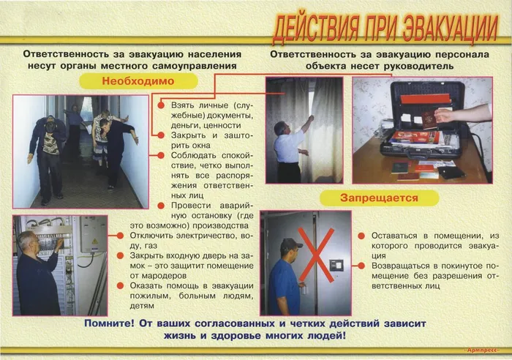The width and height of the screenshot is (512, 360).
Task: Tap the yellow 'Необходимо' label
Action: (148, 82)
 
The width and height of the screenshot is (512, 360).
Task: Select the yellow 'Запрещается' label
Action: (379, 198)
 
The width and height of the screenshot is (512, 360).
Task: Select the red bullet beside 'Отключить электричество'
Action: (121, 236)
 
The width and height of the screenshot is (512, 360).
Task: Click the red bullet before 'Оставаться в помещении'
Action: (362, 236)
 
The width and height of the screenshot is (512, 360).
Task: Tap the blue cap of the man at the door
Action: (290, 243)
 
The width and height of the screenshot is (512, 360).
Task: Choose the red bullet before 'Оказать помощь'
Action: (121, 285)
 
